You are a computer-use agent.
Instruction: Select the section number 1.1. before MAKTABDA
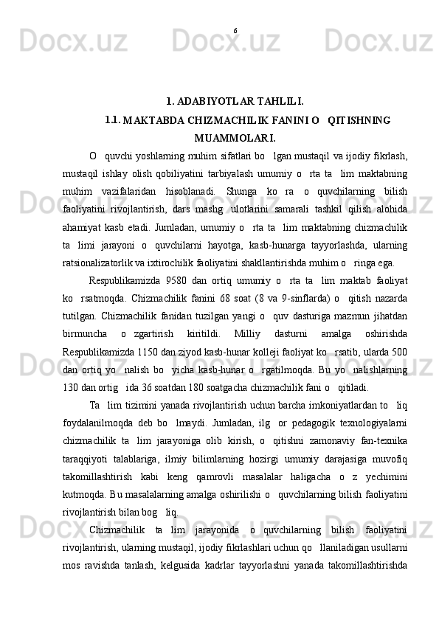coord(113,119)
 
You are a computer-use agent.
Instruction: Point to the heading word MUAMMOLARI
coord(235,137)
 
